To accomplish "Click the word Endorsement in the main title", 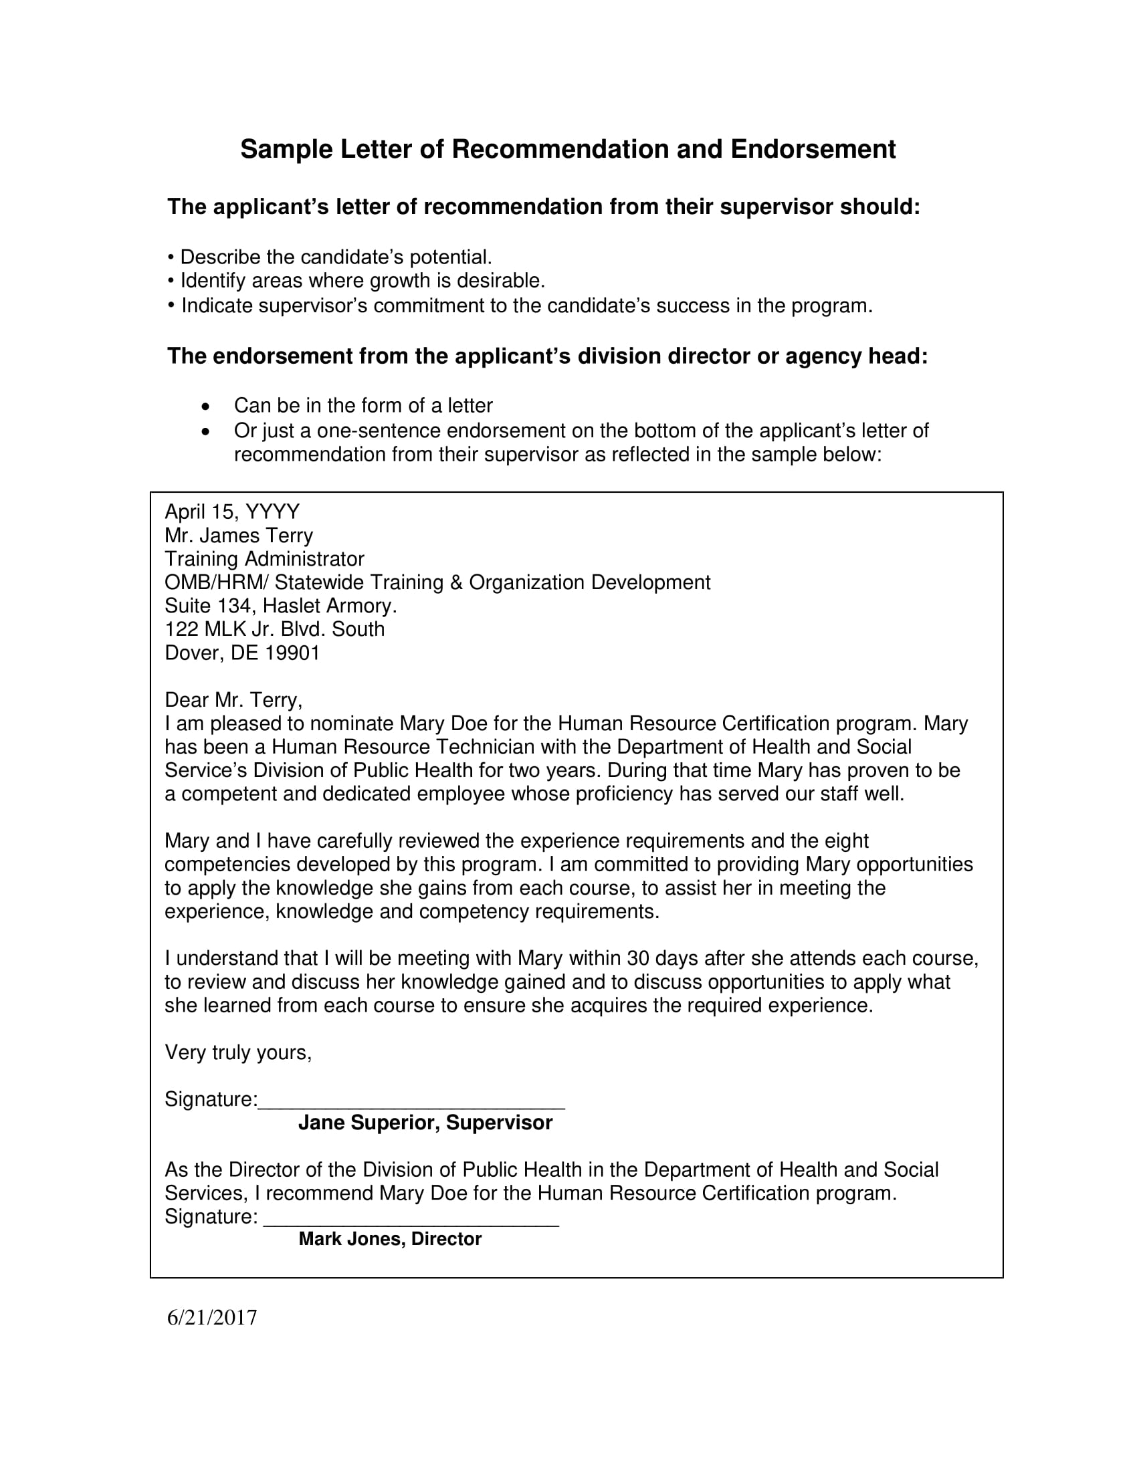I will tap(813, 150).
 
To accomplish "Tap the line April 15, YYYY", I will tap(232, 513).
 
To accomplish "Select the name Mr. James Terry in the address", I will tap(239, 536).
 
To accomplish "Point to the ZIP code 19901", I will tap(292, 653).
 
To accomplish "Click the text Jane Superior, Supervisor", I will tap(425, 1123).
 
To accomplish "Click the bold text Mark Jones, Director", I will tap(390, 1239).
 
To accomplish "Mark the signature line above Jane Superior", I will tap(411, 1107).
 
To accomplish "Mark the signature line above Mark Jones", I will tap(411, 1224).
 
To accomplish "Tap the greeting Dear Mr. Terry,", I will tap(233, 701).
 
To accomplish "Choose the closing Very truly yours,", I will tap(239, 1052).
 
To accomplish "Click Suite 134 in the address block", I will tap(208, 606).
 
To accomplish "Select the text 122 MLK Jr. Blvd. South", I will tap(275, 630).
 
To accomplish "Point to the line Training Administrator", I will tap(265, 560).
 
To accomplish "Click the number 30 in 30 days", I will tap(637, 958).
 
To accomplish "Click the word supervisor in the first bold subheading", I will tap(775, 207).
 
